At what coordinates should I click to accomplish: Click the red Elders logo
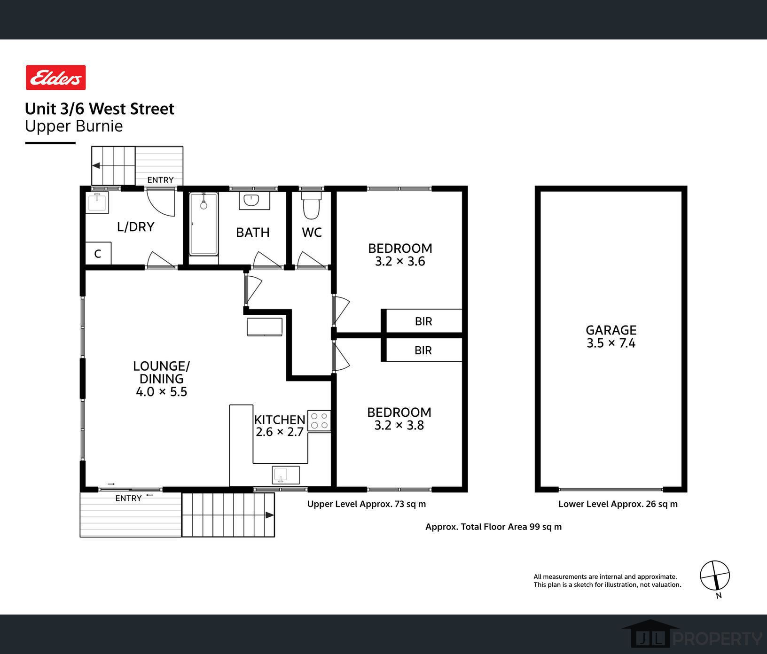pos(56,78)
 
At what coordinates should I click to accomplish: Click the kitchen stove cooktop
pos(319,421)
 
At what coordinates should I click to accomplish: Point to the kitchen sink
pos(286,475)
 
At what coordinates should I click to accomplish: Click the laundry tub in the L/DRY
pos(98,202)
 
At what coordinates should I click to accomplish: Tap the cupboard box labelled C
pos(98,254)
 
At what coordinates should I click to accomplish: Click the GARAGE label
pos(611,330)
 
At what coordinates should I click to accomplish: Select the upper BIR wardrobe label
pos(423,321)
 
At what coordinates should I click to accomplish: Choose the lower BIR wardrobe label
pos(423,350)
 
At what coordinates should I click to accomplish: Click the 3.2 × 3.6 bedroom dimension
pos(400,261)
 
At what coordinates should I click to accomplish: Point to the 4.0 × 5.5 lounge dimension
pos(162,392)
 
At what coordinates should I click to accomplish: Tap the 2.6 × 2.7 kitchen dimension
pos(280,432)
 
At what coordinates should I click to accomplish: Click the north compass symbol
pos(715,576)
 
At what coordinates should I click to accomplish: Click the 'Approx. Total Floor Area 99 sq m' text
pos(493,527)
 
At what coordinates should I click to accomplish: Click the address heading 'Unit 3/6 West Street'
pos(100,109)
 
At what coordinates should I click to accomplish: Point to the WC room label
pos(312,233)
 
